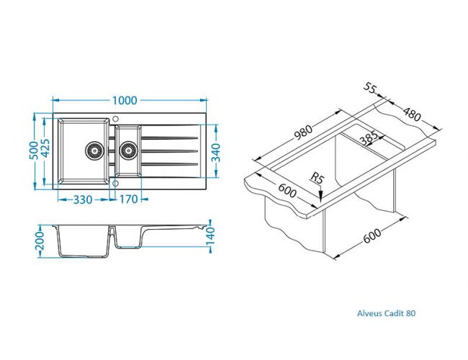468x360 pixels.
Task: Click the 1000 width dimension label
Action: point(125,101)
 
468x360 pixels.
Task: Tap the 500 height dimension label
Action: point(35,150)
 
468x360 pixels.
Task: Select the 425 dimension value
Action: point(45,148)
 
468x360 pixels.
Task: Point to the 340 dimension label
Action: point(216,153)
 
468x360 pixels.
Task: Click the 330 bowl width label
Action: point(83,199)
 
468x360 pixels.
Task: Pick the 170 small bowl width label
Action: point(129,199)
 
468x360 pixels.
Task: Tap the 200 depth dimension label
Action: point(40,241)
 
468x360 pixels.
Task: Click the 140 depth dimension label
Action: point(211,236)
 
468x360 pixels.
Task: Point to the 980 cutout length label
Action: point(303,132)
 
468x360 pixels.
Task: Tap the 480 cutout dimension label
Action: point(412,114)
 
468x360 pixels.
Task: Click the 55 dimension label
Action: point(370,88)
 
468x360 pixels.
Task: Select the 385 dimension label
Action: point(369,138)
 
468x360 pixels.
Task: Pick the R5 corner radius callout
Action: point(317,179)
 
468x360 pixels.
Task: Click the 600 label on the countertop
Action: point(287,191)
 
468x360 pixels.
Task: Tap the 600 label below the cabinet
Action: point(372,236)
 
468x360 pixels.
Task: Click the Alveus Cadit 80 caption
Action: point(386,313)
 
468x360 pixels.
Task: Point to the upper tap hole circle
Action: point(115,119)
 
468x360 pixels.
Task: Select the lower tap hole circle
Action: point(115,183)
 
